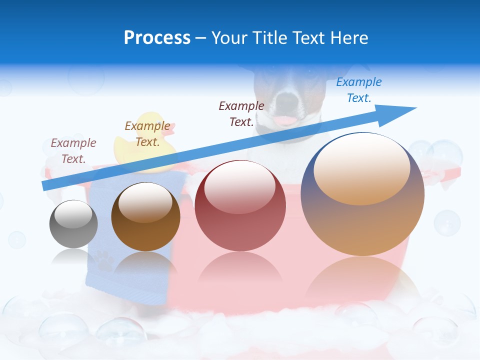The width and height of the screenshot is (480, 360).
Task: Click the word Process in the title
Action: [157, 38]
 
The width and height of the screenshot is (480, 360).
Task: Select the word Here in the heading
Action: [348, 38]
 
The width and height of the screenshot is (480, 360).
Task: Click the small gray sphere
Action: [73, 224]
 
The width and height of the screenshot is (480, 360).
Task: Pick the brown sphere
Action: [145, 217]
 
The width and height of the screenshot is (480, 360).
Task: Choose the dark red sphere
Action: [240, 206]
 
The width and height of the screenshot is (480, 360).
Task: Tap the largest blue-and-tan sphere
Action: [362, 195]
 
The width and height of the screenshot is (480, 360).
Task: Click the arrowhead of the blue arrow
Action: [400, 110]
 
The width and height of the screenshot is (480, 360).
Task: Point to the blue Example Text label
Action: [358, 90]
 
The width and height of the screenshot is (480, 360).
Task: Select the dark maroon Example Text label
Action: [241, 113]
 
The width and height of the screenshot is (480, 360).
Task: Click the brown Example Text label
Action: [147, 134]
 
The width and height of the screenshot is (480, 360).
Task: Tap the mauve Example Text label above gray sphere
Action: [73, 151]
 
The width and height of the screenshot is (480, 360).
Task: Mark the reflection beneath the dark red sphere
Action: [240, 272]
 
